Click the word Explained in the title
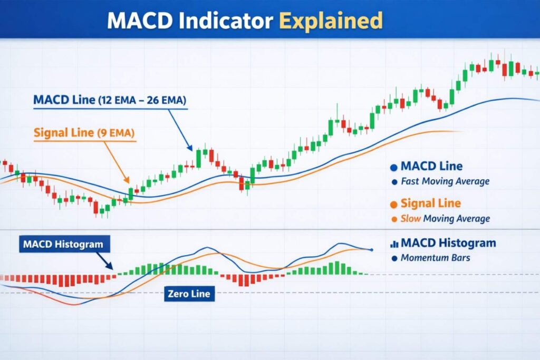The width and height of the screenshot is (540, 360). [x=330, y=21]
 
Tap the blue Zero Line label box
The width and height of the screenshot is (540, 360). [x=188, y=293]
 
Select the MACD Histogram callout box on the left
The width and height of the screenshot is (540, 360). [x=63, y=245]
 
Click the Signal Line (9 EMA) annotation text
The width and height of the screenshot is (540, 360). [x=84, y=132]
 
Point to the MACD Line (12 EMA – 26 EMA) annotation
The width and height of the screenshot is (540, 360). [x=110, y=100]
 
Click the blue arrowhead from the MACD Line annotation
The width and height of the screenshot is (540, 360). [x=190, y=149]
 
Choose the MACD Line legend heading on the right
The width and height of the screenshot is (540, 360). [x=431, y=167]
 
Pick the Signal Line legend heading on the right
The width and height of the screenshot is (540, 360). [x=430, y=203]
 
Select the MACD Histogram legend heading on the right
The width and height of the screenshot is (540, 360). [x=448, y=243]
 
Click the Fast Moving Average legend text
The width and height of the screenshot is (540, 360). [x=445, y=181]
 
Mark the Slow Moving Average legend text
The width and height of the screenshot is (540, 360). [x=445, y=218]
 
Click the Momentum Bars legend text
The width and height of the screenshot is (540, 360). [x=435, y=258]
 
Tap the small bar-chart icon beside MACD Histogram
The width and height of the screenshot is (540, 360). [x=393, y=244]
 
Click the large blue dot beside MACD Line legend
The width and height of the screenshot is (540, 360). [x=393, y=168]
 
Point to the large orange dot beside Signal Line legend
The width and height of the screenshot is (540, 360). [x=393, y=205]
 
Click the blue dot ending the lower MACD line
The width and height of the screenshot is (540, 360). [x=372, y=249]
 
